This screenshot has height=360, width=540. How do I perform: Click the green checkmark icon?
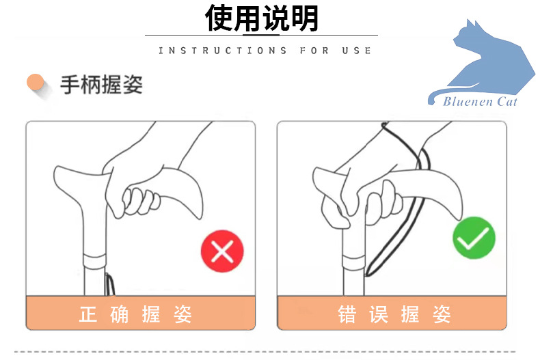click(474, 238)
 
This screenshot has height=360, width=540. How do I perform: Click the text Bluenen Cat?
click(480, 102)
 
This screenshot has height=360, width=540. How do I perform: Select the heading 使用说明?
click(262, 18)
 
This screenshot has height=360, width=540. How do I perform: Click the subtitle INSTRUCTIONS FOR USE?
click(265, 51)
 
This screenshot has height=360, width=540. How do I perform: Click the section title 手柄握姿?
click(101, 85)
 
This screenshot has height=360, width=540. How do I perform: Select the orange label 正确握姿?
click(135, 314)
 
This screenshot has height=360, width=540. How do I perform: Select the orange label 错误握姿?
click(394, 314)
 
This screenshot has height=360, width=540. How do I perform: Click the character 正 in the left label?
click(88, 314)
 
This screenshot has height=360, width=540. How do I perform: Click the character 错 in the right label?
click(347, 314)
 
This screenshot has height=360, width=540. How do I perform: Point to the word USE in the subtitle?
click(358, 51)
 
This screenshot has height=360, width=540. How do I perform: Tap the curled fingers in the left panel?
click(140, 200)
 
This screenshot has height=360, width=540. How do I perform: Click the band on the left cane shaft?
click(93, 260)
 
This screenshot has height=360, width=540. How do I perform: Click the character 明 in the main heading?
click(304, 18)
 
